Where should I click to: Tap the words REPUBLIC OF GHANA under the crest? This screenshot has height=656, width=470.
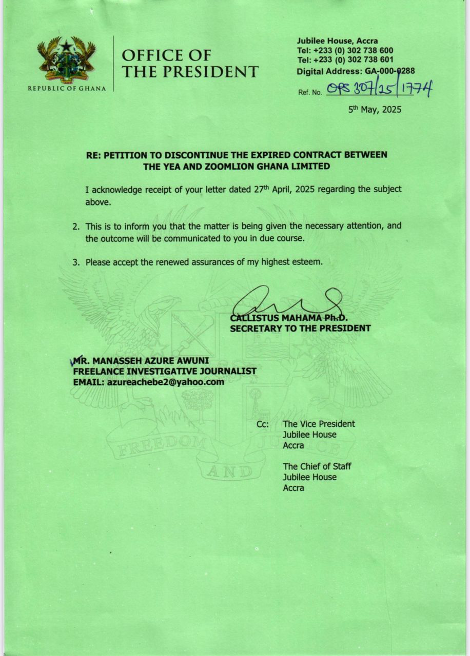[x=67, y=88]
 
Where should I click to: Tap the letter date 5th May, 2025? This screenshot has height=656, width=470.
[x=375, y=110]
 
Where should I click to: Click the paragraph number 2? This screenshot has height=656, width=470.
[x=75, y=226]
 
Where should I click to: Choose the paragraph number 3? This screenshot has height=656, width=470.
[x=75, y=262]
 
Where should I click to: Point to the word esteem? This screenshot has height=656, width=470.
[x=308, y=262]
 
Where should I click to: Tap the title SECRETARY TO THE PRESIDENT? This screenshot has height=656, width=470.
[x=300, y=329]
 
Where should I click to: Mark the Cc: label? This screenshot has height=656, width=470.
[x=263, y=424]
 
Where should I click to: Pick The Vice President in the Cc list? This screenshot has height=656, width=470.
[x=319, y=424]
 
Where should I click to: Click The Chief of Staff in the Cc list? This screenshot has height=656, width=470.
[x=317, y=466]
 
